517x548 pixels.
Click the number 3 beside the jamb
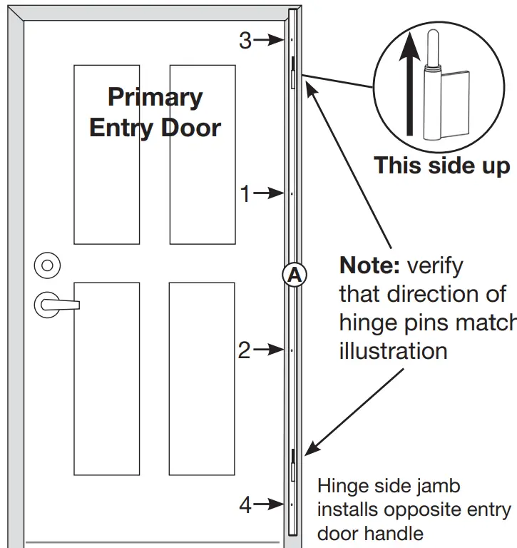(x=245, y=41)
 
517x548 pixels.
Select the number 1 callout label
(x=245, y=193)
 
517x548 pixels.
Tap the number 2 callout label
(x=245, y=350)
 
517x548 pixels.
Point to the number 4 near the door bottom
(x=245, y=505)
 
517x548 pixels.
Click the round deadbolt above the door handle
(x=47, y=265)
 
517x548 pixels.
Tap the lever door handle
(x=56, y=305)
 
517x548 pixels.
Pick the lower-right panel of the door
(x=202, y=378)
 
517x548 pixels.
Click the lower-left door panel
(x=107, y=378)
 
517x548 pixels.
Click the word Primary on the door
(x=155, y=97)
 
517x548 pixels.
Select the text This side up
(x=442, y=166)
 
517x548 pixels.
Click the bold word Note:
(x=371, y=265)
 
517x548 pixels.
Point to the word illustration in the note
(x=393, y=350)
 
